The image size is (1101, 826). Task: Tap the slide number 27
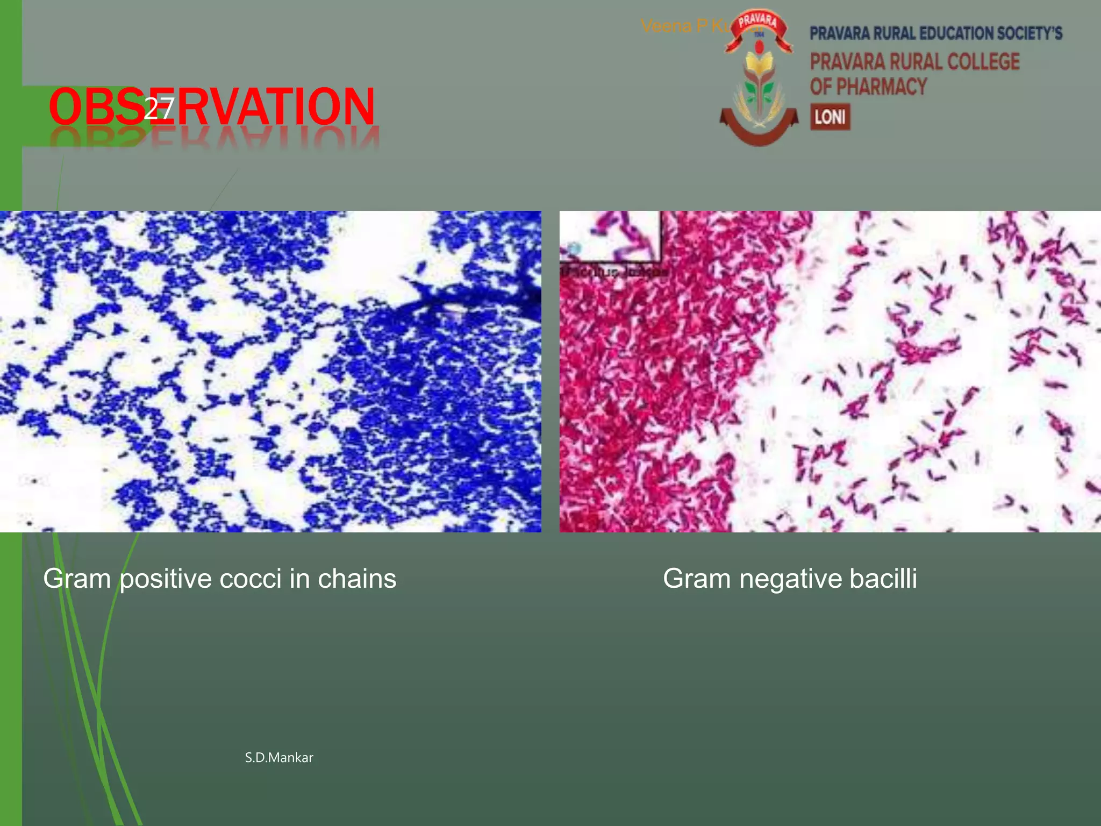tap(159, 109)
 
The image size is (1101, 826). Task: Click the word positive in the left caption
tap(166, 579)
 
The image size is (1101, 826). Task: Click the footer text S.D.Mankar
tap(279, 758)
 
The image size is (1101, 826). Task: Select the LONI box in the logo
tap(830, 117)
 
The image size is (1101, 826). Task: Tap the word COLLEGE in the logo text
tap(983, 61)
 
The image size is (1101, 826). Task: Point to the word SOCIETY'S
tap(1029, 33)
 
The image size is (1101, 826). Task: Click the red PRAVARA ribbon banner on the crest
tap(759, 24)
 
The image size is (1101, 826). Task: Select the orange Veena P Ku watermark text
tap(683, 26)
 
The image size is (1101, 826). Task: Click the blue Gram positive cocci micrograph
tap(270, 371)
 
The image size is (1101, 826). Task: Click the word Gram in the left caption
tap(77, 579)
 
